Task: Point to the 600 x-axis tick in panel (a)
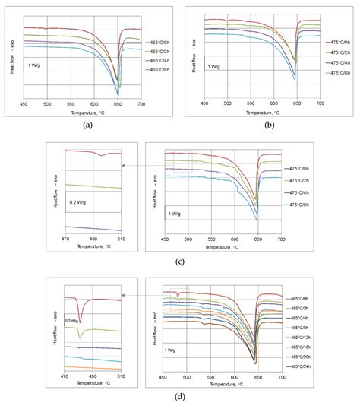click(94, 104)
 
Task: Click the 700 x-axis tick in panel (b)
click(320, 104)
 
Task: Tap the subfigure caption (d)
click(179, 395)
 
